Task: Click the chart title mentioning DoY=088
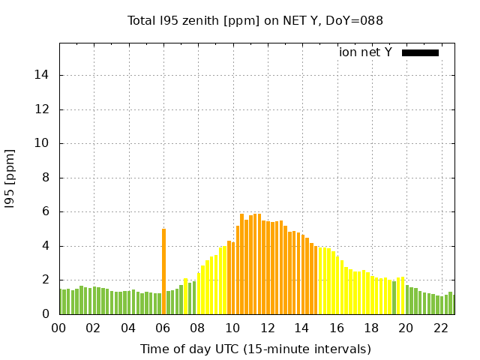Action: (255, 20)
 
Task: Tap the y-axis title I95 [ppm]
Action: (10, 178)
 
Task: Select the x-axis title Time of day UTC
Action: (255, 349)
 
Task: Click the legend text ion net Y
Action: (365, 52)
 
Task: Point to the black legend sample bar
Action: (420, 52)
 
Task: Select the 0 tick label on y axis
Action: (45, 314)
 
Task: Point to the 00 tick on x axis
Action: (59, 328)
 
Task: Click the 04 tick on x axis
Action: (128, 328)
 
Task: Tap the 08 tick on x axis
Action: (198, 328)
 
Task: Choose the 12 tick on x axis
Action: (267, 328)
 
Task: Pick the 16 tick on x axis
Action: (337, 328)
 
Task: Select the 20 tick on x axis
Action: (406, 328)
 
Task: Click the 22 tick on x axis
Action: (440, 328)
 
